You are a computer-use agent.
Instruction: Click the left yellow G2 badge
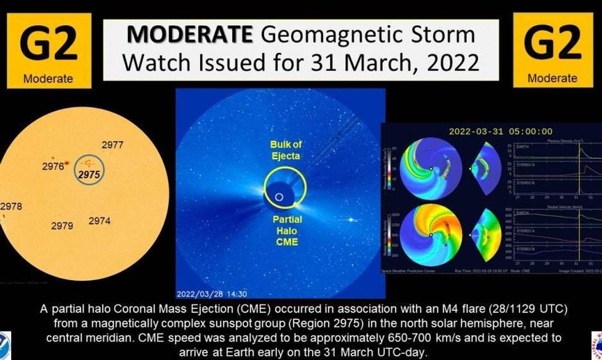point(48,50)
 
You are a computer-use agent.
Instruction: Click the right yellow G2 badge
point(552,50)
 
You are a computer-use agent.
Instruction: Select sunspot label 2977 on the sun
point(112,146)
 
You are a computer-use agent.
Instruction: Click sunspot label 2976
point(53,166)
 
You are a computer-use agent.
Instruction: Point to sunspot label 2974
point(100,221)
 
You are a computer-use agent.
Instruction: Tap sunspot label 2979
point(62,225)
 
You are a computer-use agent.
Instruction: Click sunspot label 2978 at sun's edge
point(11,206)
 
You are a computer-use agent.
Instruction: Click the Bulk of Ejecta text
point(286,150)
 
